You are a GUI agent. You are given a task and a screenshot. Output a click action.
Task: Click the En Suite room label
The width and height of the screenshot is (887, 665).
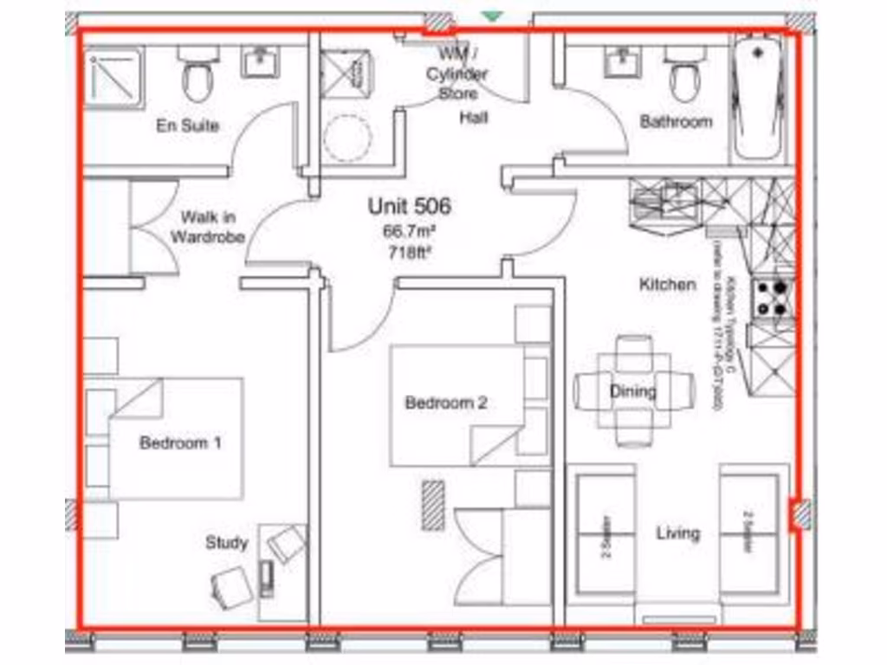tap(188, 126)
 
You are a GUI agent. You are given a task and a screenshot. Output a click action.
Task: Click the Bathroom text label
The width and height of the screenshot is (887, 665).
tap(676, 122)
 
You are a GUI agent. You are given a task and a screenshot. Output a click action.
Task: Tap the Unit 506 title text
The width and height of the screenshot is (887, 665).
tap(410, 207)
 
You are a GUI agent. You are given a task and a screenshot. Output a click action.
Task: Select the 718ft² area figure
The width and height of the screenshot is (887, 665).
tap(409, 253)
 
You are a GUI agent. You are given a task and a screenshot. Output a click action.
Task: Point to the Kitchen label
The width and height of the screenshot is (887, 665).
tap(667, 284)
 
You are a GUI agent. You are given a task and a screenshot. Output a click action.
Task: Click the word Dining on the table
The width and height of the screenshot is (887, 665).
tap(633, 391)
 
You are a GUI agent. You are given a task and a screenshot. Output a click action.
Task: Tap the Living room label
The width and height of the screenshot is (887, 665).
tap(677, 533)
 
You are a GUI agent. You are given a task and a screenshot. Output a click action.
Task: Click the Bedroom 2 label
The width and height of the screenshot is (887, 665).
tap(446, 403)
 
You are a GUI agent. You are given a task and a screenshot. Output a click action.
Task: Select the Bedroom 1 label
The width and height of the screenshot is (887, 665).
tap(180, 443)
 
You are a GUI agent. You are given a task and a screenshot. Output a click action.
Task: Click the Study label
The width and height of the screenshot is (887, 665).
tap(226, 543)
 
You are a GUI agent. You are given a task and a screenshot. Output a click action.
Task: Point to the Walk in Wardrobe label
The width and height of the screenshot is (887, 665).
tap(208, 227)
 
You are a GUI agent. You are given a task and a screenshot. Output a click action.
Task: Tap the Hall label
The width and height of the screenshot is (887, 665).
tap(473, 117)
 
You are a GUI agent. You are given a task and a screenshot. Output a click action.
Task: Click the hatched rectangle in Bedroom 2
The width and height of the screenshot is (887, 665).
tap(433, 505)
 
